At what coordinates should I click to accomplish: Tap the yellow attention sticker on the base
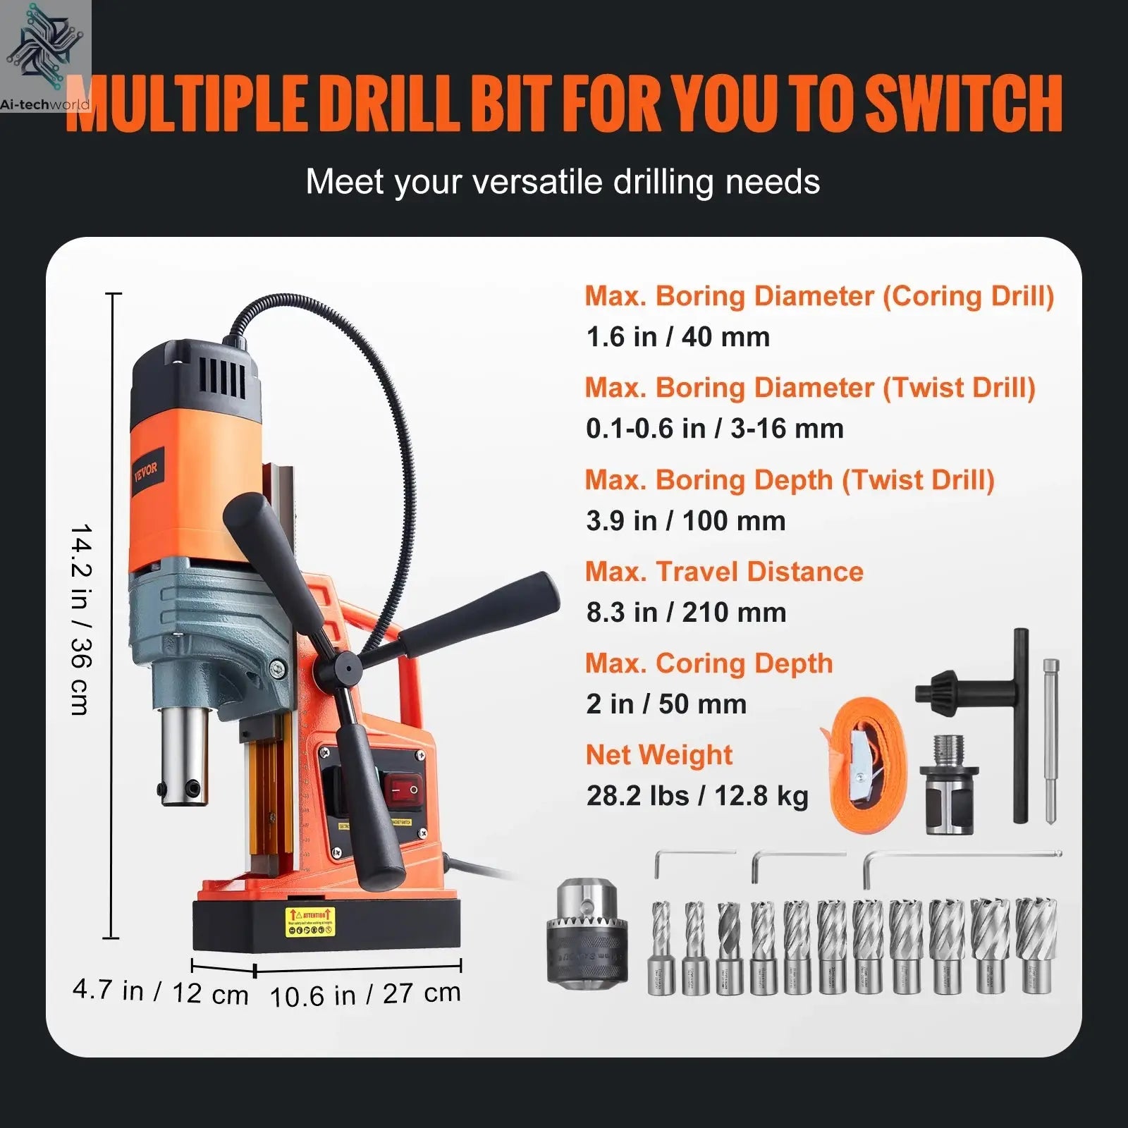310,921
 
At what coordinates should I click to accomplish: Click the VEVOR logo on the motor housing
146,469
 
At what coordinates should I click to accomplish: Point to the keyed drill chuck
587,930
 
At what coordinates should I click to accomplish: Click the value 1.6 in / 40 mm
678,337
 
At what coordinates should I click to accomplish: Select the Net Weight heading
658,755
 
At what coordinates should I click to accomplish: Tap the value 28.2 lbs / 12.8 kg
697,796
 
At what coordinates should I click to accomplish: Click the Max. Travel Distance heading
724,572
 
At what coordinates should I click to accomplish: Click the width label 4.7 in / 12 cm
161,991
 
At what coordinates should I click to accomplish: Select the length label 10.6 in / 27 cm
365,995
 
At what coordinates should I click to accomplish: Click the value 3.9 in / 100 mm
685,521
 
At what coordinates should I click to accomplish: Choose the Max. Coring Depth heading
709,663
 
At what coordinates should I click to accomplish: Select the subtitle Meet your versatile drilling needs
563,182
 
